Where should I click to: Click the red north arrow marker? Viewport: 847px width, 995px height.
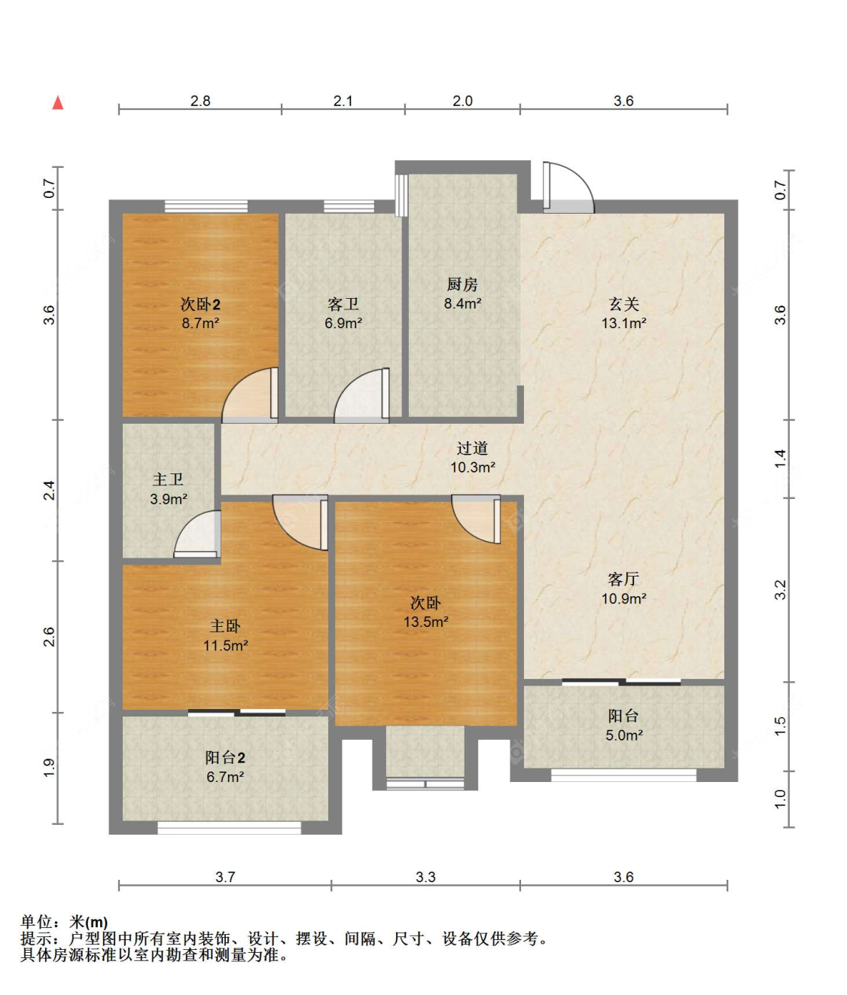coord(58,102)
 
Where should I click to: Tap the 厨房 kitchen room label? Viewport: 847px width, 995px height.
coord(462,285)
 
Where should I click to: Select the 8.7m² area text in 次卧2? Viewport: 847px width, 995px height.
coord(200,323)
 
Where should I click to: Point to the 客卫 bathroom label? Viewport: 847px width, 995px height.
coord(343,304)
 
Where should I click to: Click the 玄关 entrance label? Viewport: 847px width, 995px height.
coord(623,304)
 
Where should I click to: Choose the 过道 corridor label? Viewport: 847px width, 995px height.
coord(472,448)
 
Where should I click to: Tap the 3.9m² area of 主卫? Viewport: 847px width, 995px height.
coord(169,499)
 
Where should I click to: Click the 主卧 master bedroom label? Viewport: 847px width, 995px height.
coord(225,625)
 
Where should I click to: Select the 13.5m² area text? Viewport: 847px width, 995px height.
coord(426,622)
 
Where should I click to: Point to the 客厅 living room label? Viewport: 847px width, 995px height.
coord(623,579)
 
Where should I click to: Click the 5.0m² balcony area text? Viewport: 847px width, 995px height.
coord(624,735)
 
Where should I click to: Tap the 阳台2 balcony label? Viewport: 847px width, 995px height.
coord(225,758)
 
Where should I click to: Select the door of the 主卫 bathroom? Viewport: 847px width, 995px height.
coord(198,534)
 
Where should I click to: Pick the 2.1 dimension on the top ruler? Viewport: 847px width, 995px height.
coord(343,101)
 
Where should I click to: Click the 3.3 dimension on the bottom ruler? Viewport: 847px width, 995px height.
coord(425,877)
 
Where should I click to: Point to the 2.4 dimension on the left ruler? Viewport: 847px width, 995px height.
coord(50,490)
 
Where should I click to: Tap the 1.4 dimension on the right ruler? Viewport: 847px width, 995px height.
coord(780,458)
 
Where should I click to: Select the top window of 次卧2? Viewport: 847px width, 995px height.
coord(206,206)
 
